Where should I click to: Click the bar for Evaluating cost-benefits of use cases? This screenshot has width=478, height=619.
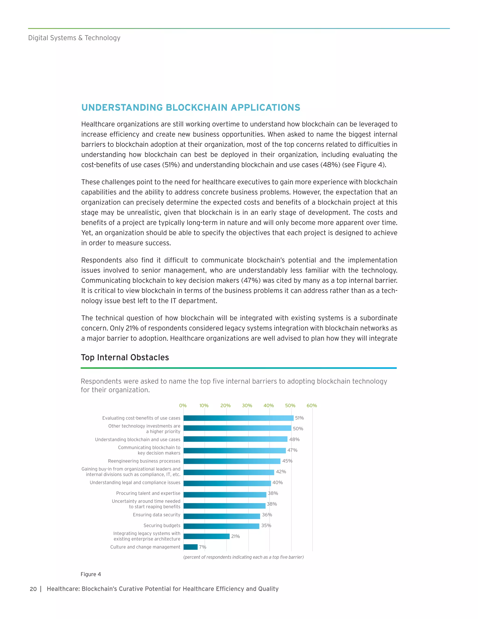coord(239,418)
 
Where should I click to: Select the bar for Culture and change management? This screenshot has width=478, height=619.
coord(191,547)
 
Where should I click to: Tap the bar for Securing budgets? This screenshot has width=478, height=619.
coord(221,526)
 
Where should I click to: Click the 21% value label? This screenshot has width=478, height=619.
coord(235,536)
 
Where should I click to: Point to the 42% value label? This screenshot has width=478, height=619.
coord(281,472)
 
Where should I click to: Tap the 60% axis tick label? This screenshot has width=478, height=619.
coord(312,406)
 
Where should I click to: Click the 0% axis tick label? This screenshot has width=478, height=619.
coord(183,406)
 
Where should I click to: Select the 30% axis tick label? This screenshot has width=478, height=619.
coord(247,406)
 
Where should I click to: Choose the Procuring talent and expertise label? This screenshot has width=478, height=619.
coord(148,493)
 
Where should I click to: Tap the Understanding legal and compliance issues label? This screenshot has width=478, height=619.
coord(135,482)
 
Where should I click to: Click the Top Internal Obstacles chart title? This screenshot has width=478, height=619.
coord(125,357)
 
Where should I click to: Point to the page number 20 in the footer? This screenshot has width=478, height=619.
coord(33,589)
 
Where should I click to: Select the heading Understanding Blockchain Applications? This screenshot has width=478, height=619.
coord(191,107)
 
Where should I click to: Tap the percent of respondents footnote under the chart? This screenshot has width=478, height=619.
coord(243,557)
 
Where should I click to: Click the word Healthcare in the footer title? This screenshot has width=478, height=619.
coord(63,589)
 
